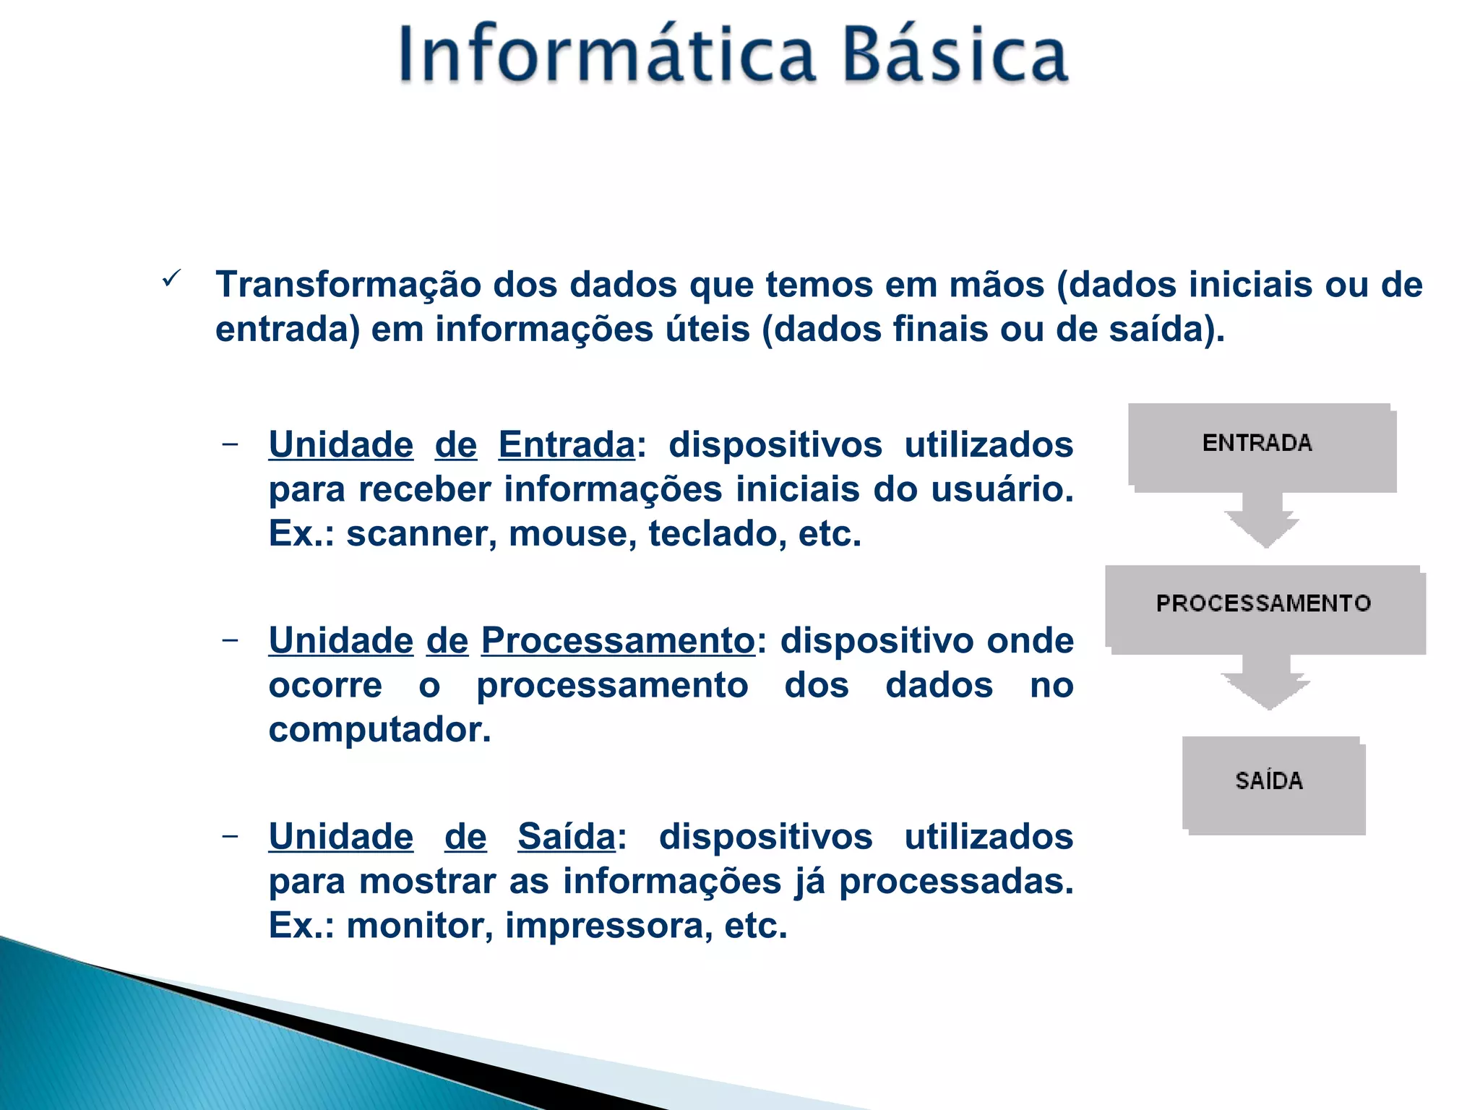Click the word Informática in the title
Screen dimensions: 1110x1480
607,54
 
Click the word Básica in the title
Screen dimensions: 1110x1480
955,54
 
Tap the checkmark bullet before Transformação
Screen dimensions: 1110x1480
171,278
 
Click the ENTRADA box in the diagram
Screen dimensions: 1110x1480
1260,445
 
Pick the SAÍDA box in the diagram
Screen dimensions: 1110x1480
1272,783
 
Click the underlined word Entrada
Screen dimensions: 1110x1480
567,445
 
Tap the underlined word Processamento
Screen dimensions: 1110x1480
618,641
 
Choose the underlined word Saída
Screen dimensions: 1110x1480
567,838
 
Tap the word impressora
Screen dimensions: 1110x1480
604,926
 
